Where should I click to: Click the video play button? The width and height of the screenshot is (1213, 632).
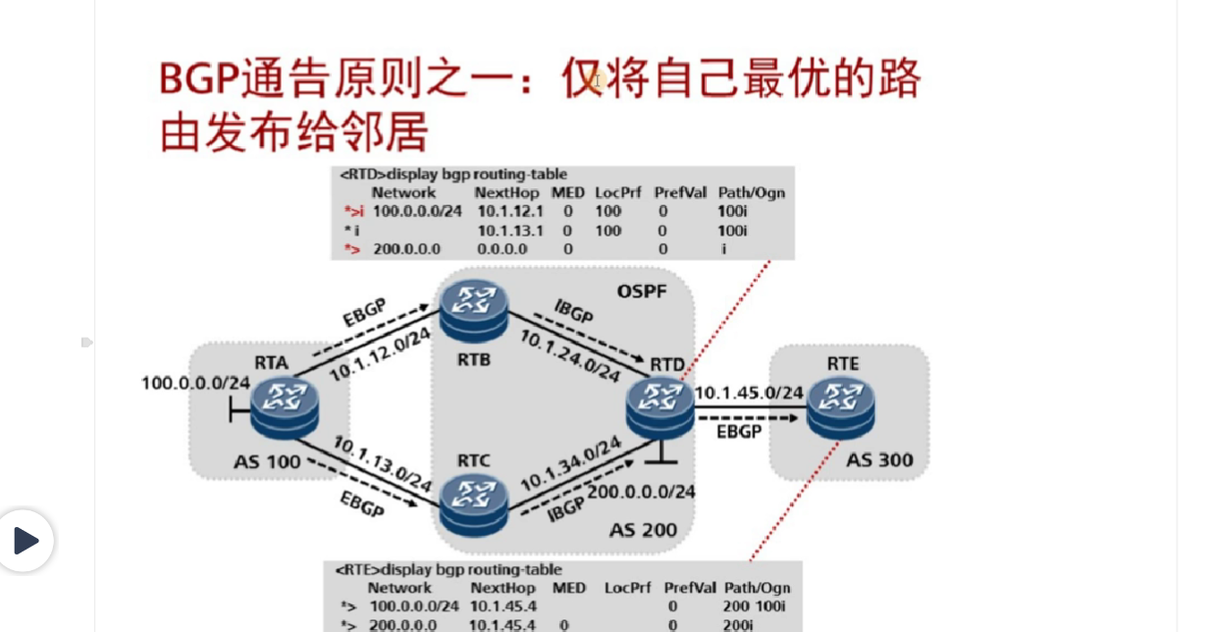(26, 540)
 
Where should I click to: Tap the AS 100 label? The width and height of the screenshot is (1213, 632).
(268, 461)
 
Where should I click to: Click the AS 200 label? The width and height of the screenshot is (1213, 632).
(643, 530)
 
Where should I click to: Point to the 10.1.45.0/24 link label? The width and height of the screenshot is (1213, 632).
(749, 394)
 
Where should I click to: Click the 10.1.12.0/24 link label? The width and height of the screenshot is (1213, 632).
(380, 353)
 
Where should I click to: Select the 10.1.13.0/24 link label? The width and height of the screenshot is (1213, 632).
(382, 463)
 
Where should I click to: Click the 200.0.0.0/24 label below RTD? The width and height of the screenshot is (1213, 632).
(642, 491)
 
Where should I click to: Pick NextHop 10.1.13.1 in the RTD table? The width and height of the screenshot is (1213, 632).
(510, 231)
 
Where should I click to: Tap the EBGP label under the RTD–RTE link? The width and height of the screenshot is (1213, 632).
(739, 431)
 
